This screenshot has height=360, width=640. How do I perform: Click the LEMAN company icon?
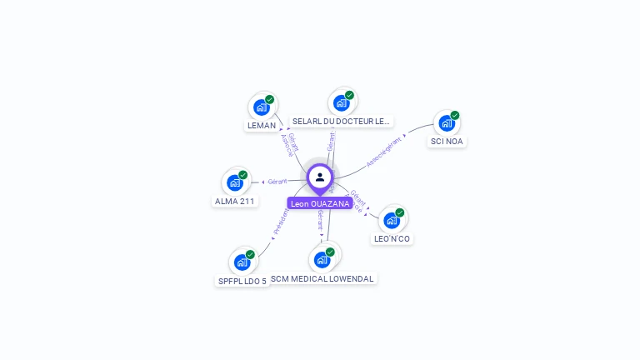click(261, 107)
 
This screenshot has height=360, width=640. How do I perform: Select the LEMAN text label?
click(261, 126)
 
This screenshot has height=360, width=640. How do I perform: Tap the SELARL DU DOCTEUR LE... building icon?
click(341, 103)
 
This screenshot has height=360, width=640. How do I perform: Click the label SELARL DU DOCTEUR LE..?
click(341, 122)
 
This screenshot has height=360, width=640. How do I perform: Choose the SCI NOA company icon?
click(447, 123)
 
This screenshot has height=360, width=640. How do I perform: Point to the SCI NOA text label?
click(447, 142)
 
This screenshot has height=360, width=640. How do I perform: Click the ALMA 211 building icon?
click(235, 182)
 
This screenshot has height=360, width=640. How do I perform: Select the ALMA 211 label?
click(235, 202)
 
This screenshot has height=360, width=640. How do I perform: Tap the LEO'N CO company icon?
click(392, 220)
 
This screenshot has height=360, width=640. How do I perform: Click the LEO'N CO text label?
click(392, 239)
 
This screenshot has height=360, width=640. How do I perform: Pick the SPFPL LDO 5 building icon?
click(242, 262)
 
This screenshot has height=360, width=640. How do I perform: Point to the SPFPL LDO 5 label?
click(242, 282)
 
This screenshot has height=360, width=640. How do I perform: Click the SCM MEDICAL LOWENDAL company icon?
click(322, 259)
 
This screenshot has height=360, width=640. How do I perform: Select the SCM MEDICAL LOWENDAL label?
click(322, 278)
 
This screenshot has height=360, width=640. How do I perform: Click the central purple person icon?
click(320, 177)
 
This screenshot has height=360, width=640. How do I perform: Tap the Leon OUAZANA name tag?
click(320, 203)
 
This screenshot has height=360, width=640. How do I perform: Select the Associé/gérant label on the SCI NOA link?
click(384, 151)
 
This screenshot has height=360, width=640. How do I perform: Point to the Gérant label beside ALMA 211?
click(277, 182)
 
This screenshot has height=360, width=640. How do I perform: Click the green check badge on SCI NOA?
click(455, 115)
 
